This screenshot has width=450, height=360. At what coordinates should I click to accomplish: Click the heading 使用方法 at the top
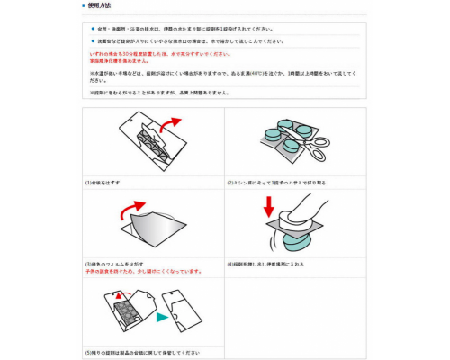coord(100,6)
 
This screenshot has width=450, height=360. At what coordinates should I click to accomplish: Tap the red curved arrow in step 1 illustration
coord(170,123)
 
